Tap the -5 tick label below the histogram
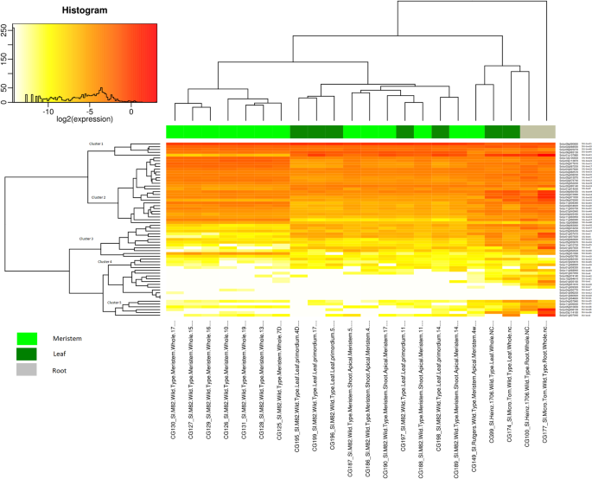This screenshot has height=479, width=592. coord(90,112)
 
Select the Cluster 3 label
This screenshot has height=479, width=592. coord(86,239)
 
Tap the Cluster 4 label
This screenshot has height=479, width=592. coord(105,261)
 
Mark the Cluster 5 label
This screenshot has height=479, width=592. coord(114,302)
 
